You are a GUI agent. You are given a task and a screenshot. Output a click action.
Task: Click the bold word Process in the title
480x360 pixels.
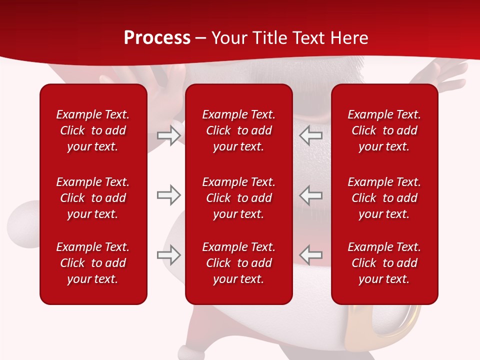(x=157, y=38)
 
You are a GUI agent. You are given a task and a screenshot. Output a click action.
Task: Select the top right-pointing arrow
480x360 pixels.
(x=168, y=135)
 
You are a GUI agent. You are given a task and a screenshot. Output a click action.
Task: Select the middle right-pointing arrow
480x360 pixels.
(x=168, y=195)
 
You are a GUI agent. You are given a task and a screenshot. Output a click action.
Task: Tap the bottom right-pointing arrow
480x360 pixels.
(x=168, y=255)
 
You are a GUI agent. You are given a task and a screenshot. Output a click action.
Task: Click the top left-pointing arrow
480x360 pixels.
(x=311, y=135)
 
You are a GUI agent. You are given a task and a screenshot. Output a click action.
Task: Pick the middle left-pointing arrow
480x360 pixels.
(x=311, y=195)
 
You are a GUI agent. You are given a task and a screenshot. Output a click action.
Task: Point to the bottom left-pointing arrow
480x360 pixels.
(x=311, y=255)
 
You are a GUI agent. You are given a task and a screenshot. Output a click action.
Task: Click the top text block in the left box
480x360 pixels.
(x=93, y=130)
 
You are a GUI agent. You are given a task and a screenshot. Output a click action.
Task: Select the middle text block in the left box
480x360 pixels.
(x=93, y=198)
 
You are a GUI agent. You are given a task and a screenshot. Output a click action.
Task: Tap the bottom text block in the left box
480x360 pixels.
(x=93, y=263)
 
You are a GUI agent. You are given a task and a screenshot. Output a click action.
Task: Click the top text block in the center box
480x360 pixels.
(x=239, y=130)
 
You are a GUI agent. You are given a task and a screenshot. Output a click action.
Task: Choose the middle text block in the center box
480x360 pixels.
(x=239, y=198)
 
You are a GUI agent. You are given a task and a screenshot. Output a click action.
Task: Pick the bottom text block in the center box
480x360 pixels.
(x=239, y=263)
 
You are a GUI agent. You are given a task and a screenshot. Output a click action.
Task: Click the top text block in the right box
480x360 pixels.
(x=384, y=130)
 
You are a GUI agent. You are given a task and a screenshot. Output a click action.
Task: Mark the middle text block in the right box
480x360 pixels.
(x=384, y=198)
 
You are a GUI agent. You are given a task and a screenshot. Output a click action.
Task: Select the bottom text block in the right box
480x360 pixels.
(x=384, y=263)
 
